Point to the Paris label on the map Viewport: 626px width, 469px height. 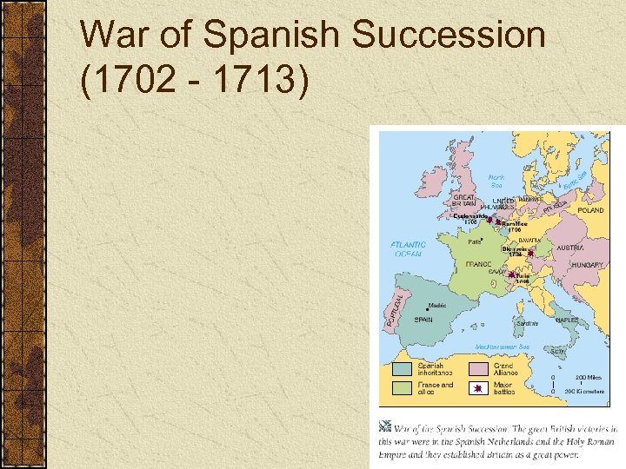[x=476, y=242]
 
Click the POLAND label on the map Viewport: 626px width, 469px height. [x=590, y=210]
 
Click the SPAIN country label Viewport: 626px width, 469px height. [x=423, y=320]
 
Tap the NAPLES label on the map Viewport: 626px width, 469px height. [x=567, y=320]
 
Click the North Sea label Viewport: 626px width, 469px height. [x=496, y=180]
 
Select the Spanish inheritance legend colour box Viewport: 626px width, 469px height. [x=402, y=369]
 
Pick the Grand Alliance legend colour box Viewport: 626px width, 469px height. [x=478, y=369]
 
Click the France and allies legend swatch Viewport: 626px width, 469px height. [x=402, y=388]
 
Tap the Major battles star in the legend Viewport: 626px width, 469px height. [x=478, y=388]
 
